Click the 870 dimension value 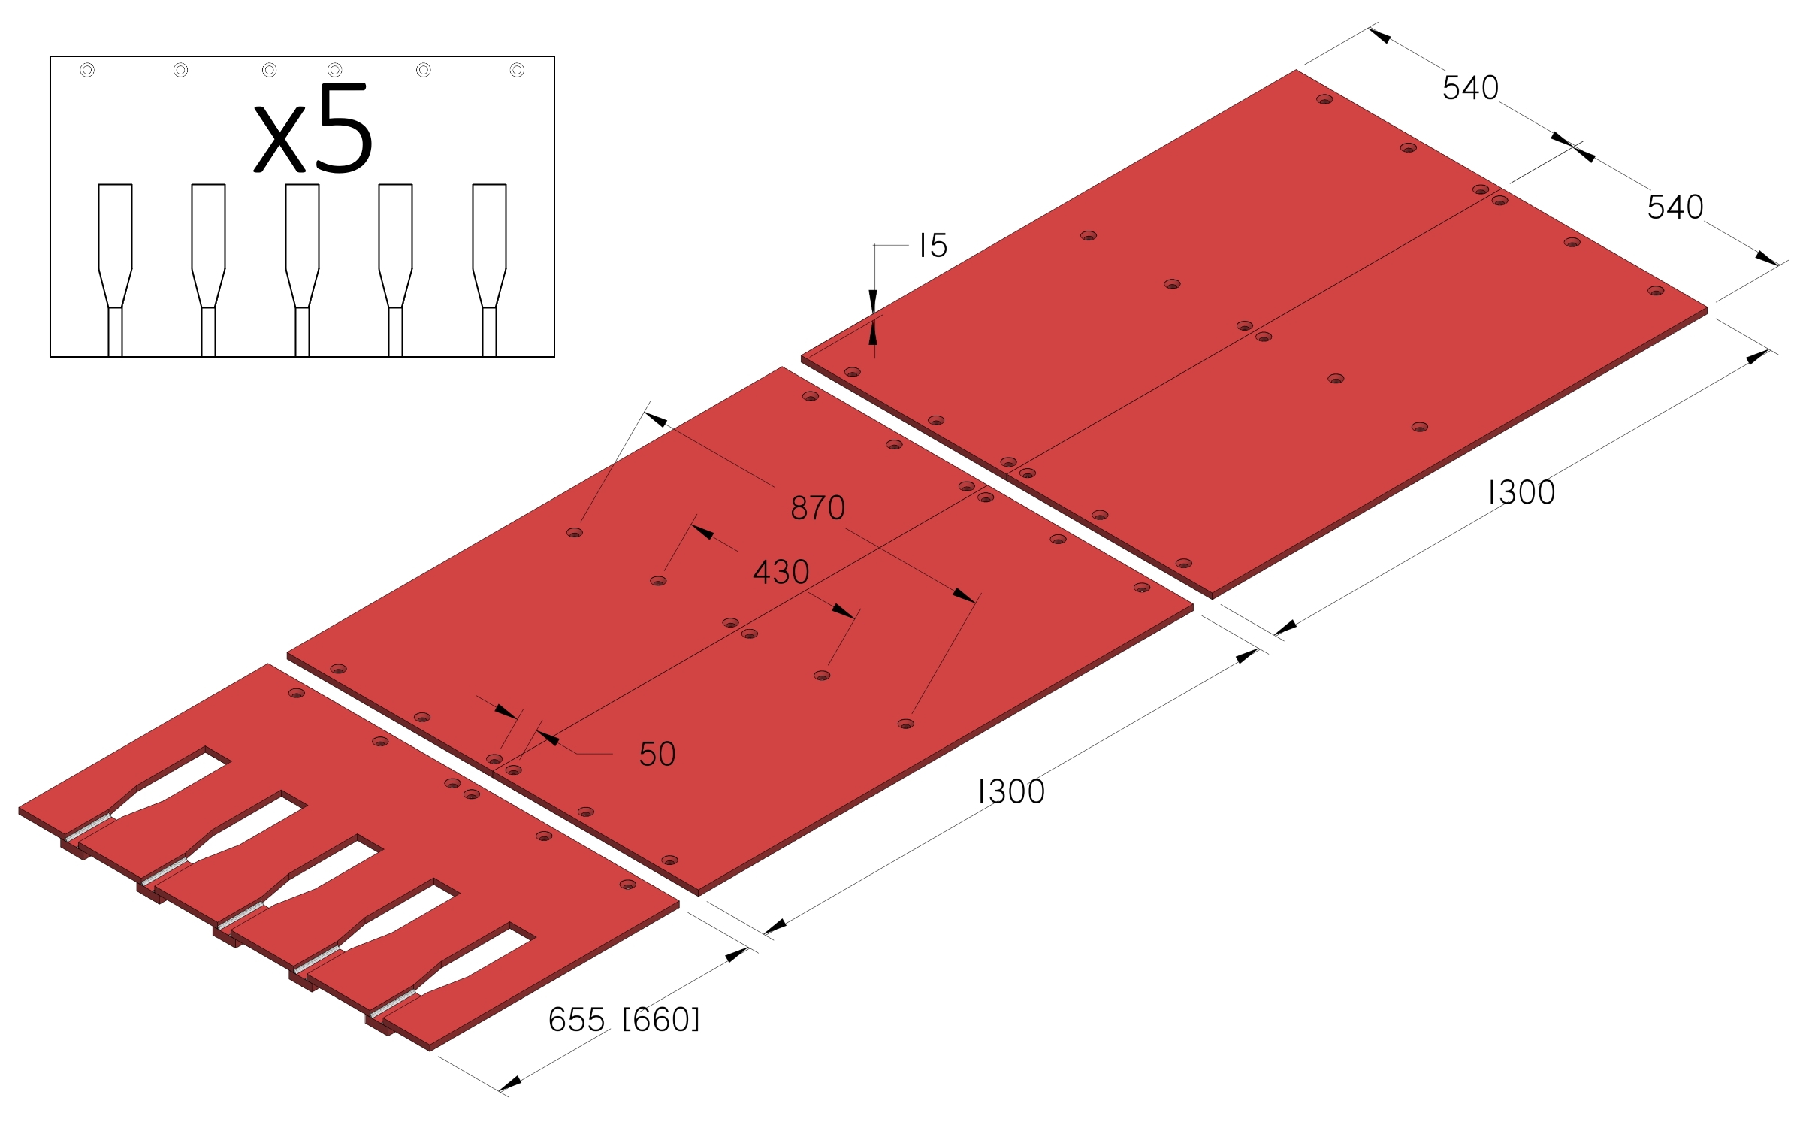pyautogui.click(x=817, y=508)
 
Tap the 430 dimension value pyautogui.click(x=781, y=573)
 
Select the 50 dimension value pyautogui.click(x=657, y=754)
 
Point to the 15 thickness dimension pyautogui.click(x=933, y=245)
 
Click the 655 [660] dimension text pyautogui.click(x=624, y=1020)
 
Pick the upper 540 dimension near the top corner pyautogui.click(x=1470, y=88)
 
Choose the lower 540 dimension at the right pyautogui.click(x=1675, y=207)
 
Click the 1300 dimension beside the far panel pyautogui.click(x=1521, y=493)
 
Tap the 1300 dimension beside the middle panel pyautogui.click(x=1011, y=792)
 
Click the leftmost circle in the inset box pyautogui.click(x=87, y=70)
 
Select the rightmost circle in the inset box pyautogui.click(x=517, y=70)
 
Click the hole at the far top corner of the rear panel pyautogui.click(x=1324, y=99)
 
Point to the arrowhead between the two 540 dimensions pyautogui.click(x=1573, y=149)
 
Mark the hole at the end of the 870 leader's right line pyautogui.click(x=906, y=724)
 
